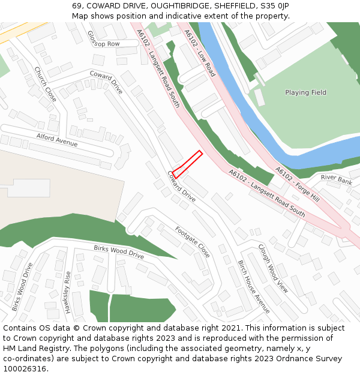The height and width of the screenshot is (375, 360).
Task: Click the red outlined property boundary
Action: point(187,164)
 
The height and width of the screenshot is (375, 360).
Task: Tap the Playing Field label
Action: point(305,92)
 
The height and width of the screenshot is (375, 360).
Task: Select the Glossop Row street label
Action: point(103,40)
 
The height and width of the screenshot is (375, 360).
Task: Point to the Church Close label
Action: point(45,84)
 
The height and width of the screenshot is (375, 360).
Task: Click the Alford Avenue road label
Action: point(57,140)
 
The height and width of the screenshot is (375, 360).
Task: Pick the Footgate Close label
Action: point(192,242)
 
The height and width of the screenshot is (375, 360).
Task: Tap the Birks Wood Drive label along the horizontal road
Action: point(119,252)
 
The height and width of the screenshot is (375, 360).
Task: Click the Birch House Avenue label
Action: point(254,287)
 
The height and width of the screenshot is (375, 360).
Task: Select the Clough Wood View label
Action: point(273,268)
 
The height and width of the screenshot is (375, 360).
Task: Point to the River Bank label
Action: point(336,179)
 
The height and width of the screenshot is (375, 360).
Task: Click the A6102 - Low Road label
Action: point(200,53)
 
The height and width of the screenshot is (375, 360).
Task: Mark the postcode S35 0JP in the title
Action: point(274,5)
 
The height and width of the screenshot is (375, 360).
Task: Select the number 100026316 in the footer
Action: point(25,369)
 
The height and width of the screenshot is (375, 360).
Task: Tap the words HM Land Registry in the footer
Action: point(31,348)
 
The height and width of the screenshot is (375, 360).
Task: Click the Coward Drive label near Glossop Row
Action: point(106,82)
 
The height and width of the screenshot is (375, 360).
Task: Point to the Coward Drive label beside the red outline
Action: point(181,186)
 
